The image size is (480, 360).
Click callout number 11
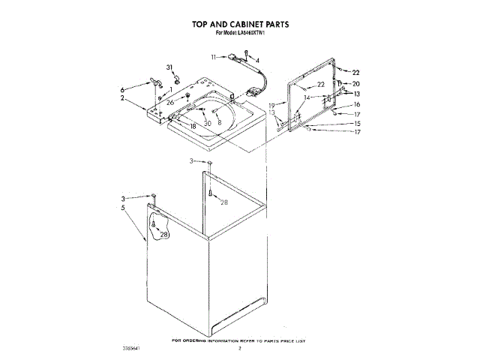[x=214, y=57]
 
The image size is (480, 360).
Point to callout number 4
[x=257, y=60]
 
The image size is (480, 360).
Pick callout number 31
[x=169, y=67]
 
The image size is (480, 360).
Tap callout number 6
[x=123, y=89]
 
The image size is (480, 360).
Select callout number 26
[x=170, y=102]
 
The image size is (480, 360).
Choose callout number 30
[x=207, y=123]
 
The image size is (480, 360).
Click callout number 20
[x=356, y=84]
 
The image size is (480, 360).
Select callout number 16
[x=357, y=104]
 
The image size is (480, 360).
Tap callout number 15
[x=357, y=123]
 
